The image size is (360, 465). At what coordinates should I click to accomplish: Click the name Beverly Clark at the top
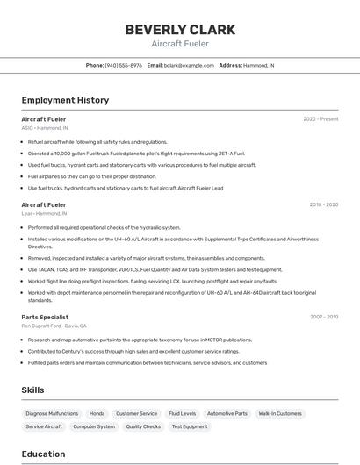179,29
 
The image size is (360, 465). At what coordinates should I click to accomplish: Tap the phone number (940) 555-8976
123,65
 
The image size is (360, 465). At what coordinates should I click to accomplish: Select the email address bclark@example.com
188,65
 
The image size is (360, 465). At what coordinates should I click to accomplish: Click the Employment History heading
65,100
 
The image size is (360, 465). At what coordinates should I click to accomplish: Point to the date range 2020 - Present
320,118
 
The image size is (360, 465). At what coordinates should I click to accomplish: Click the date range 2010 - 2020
323,204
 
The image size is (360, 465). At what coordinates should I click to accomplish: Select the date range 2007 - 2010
323,317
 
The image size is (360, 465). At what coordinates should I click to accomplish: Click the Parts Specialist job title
45,317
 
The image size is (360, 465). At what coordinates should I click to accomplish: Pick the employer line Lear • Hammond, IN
44,213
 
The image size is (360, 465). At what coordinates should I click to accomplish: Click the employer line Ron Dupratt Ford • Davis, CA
54,325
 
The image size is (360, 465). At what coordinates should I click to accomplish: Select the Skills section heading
33,390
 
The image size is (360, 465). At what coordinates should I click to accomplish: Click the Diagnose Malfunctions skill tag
52,413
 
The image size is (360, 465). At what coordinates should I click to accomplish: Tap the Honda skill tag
97,413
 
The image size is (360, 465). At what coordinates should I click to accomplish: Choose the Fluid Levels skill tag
182,413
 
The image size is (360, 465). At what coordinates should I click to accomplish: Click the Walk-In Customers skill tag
280,413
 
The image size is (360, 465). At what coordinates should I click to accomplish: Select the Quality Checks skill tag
143,426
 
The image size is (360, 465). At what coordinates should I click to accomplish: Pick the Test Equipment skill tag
190,426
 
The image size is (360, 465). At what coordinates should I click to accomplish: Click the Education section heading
43,454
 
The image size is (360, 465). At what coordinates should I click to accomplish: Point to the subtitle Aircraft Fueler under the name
179,43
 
